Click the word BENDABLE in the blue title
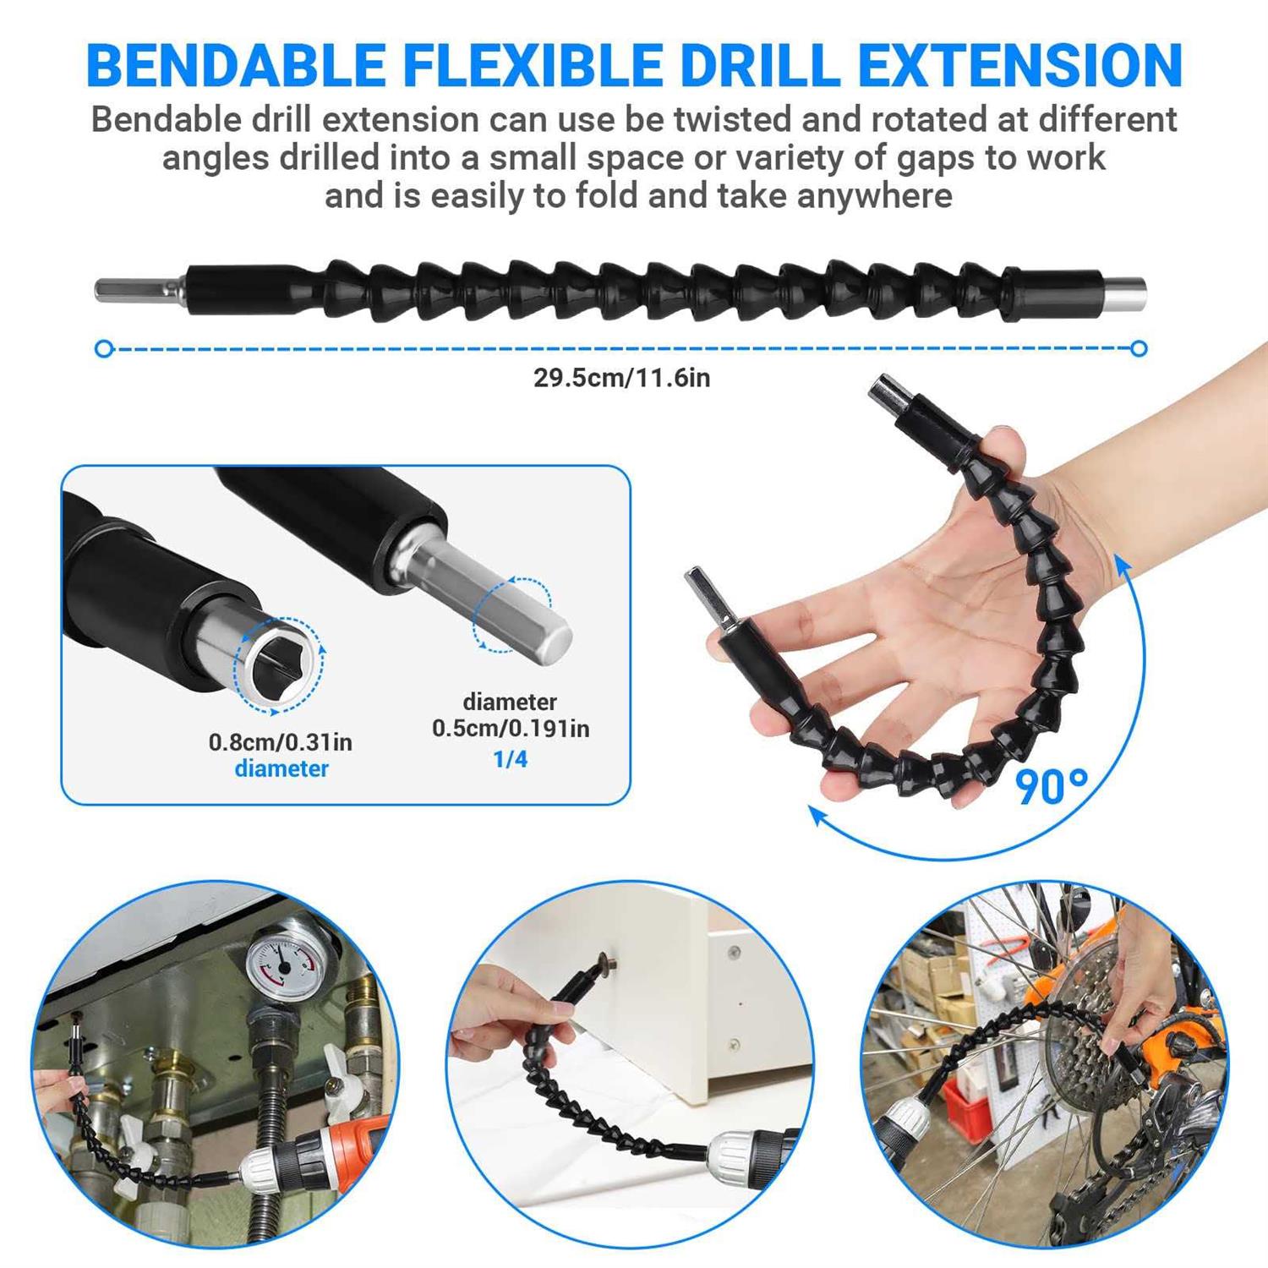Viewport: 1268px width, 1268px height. (x=236, y=65)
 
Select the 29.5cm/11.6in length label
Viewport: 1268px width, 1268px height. (x=621, y=378)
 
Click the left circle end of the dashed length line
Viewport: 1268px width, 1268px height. (x=104, y=348)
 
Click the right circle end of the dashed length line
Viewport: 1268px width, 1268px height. (x=1139, y=348)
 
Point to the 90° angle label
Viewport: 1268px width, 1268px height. (x=1051, y=787)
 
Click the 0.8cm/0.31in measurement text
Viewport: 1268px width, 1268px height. (x=281, y=742)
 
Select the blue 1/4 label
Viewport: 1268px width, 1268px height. (x=510, y=759)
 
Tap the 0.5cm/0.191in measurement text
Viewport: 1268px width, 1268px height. (x=511, y=728)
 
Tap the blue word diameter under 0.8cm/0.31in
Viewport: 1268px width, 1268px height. (x=281, y=768)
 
